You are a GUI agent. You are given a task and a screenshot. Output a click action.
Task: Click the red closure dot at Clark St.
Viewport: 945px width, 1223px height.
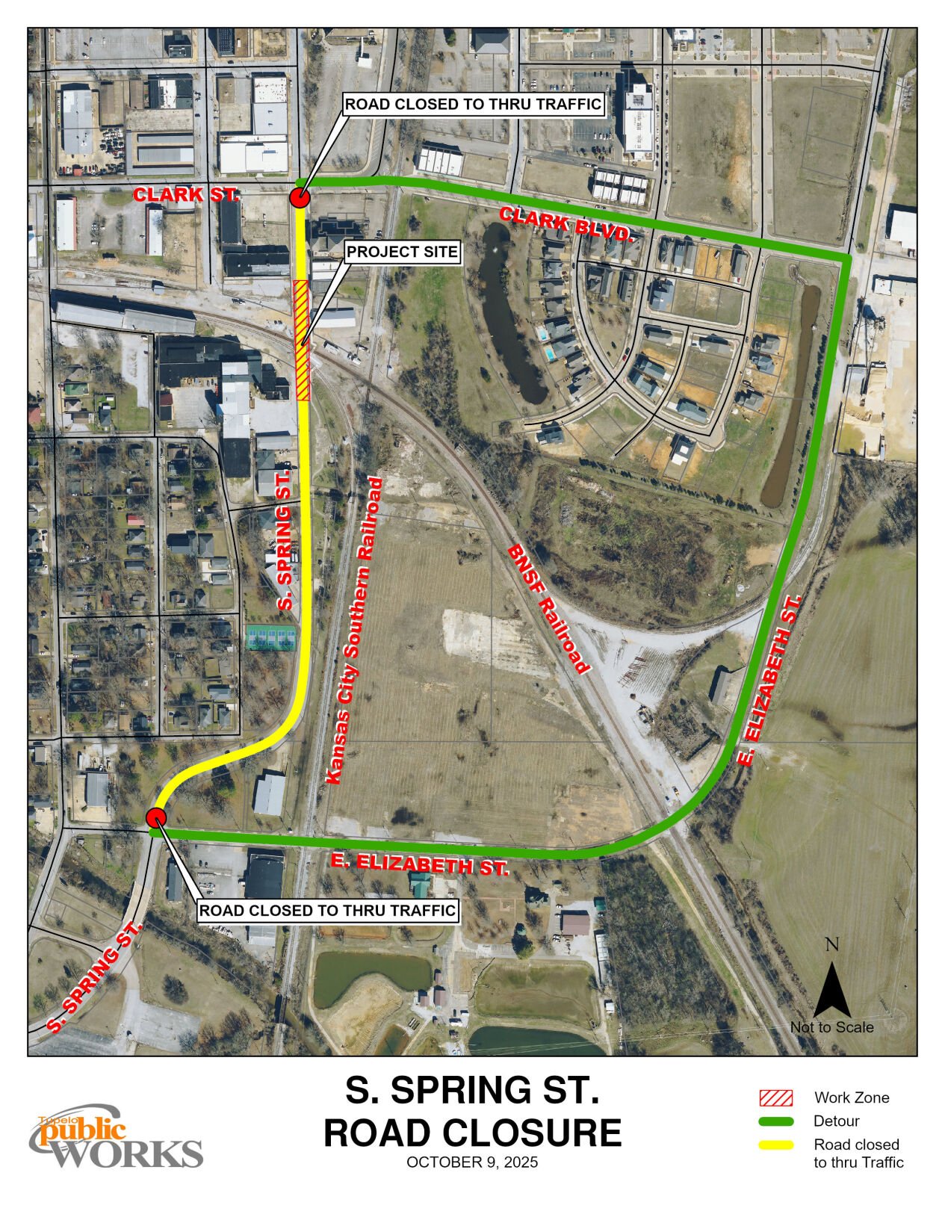coord(300,198)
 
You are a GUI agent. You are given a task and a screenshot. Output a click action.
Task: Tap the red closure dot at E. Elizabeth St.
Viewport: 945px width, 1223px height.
coord(156,817)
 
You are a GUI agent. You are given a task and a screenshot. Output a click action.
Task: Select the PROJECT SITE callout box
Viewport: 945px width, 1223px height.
coord(402,252)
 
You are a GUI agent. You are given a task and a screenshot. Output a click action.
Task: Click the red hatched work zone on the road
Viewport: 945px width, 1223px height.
coord(303,340)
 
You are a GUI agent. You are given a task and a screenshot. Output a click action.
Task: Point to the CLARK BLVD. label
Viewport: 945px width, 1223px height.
coord(567,226)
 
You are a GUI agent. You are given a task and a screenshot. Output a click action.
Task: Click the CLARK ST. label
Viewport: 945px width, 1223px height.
coord(185,195)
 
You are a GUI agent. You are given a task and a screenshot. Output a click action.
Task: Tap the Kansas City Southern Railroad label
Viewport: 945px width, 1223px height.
coord(356,631)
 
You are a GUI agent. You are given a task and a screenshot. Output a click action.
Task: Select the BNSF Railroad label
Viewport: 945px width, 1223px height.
coord(549,608)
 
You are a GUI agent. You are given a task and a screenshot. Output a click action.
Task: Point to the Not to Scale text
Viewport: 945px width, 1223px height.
coord(831,1027)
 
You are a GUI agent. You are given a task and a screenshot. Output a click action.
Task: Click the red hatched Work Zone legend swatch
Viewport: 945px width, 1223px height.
coord(775,1097)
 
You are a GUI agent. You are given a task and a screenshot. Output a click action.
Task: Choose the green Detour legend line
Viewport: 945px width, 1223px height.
coord(775,1121)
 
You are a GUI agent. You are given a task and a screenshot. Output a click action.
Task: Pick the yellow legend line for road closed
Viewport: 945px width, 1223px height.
coord(775,1145)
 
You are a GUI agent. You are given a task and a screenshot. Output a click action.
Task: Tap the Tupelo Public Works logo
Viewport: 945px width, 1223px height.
coord(116,1138)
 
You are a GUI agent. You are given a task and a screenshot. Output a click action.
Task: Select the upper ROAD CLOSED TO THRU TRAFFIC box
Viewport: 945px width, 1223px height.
coord(473,104)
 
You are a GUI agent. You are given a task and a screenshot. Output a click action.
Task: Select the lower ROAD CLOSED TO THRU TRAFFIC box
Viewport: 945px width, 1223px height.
coord(327,911)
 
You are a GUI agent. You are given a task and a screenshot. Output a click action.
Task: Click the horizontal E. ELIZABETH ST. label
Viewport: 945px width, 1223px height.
coord(420,864)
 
